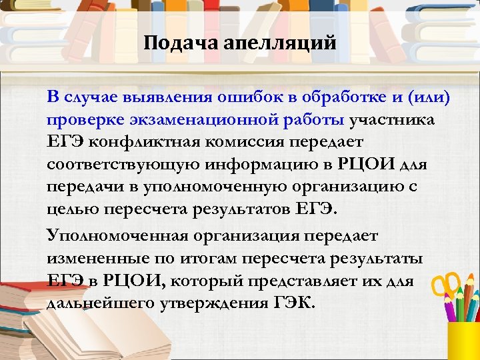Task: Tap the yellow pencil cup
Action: pyautogui.click(x=463, y=340)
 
